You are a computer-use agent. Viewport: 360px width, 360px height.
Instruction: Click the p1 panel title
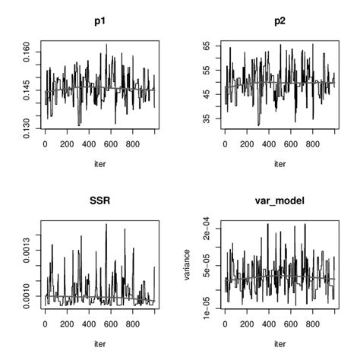[x=99, y=22]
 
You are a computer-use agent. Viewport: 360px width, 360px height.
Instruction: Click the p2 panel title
[x=279, y=22]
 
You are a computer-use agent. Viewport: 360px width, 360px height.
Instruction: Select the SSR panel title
[x=99, y=202]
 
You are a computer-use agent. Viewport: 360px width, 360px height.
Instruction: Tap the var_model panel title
[x=279, y=202]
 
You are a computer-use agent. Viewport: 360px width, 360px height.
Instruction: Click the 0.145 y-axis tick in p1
[x=27, y=90]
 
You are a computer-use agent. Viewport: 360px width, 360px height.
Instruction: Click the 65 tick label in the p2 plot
[x=206, y=46]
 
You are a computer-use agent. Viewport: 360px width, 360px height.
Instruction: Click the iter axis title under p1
[x=99, y=163]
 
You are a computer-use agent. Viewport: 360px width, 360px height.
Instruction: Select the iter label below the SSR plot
[x=99, y=343]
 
